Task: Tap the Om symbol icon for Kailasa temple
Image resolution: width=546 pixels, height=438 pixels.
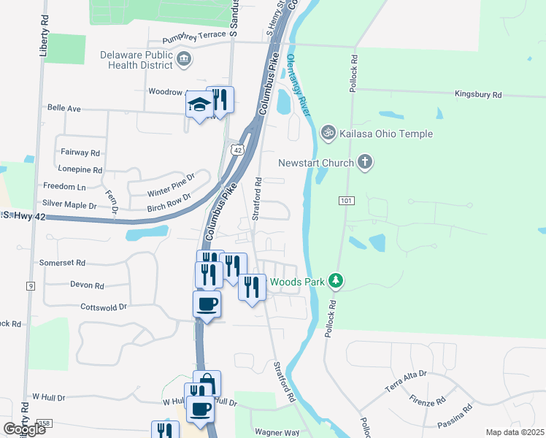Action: [x=328, y=132]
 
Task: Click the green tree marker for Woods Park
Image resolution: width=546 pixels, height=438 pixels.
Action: [x=335, y=280]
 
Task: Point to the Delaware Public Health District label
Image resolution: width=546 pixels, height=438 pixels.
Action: [x=136, y=60]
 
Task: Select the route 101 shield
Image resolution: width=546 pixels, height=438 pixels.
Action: [x=346, y=200]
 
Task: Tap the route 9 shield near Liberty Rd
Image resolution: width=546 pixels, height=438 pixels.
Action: [x=31, y=286]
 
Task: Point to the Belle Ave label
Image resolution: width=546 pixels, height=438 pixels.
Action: [x=64, y=107]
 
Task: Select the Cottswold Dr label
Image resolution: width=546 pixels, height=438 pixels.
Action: [x=104, y=307]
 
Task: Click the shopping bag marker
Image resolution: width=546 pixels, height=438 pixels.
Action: [x=207, y=383]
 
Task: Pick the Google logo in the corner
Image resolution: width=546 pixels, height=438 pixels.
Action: [x=24, y=429]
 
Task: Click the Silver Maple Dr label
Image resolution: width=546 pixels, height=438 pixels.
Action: [x=69, y=205]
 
